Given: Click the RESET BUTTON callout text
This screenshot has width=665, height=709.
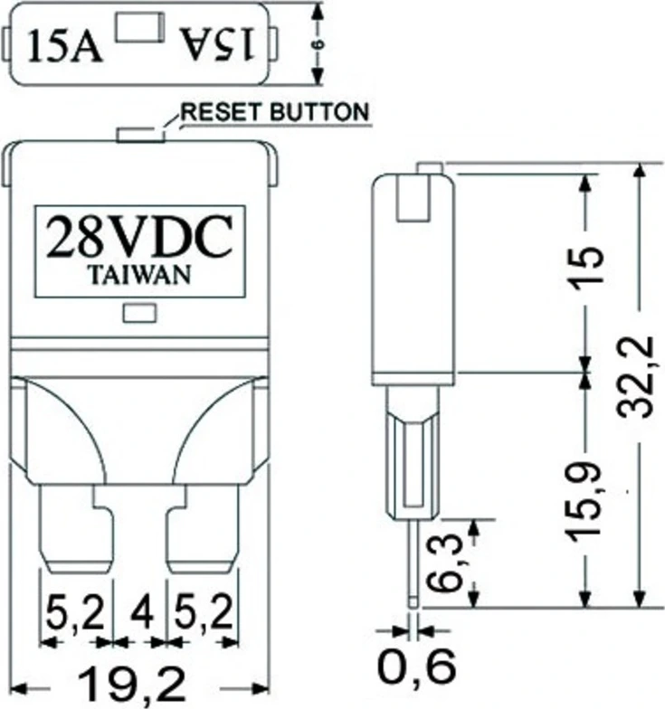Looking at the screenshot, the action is tap(275, 112).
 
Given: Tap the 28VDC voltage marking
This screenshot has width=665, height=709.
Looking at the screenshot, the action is tap(139, 237).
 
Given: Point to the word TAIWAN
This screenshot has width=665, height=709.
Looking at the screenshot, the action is tap(139, 275).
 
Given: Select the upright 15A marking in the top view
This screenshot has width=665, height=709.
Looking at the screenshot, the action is tap(65, 46).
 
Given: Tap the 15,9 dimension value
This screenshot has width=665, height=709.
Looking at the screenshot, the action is tap(584, 500).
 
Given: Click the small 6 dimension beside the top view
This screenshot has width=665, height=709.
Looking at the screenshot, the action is tap(318, 43).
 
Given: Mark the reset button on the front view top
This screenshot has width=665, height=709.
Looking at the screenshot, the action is tap(141, 135).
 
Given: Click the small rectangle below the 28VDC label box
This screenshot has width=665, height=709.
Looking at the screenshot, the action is tap(139, 313).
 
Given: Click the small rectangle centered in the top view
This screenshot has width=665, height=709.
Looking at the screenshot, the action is tap(139, 27).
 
